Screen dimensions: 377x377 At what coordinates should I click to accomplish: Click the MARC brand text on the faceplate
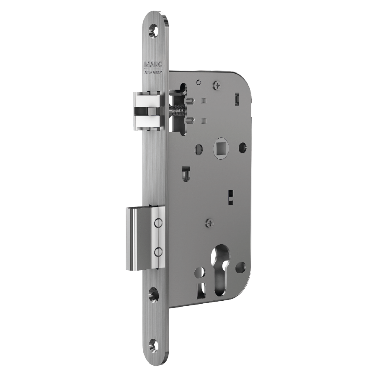pyautogui.click(x=153, y=65)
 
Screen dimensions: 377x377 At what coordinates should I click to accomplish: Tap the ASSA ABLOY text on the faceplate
pyautogui.click(x=153, y=72)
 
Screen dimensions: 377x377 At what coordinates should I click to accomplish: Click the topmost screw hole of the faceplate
pyautogui.click(x=154, y=31)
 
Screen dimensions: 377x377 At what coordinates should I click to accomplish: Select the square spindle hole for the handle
pyautogui.click(x=220, y=147)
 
